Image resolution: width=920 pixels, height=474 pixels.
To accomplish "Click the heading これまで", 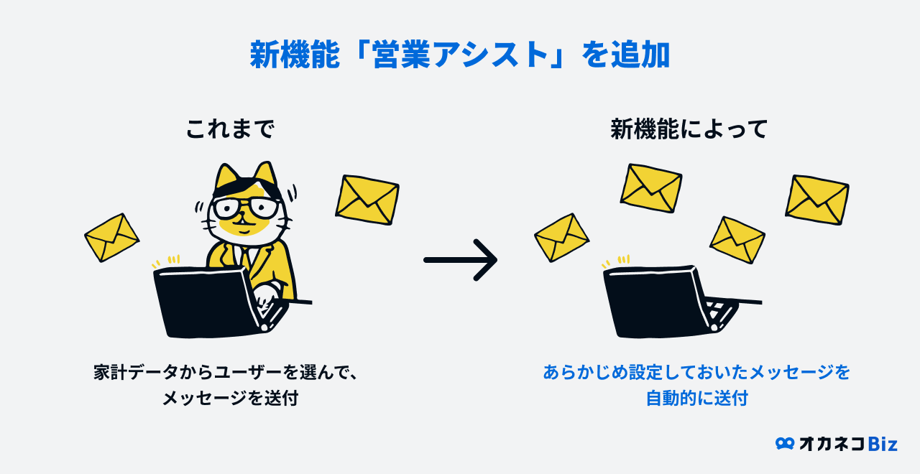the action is [x=230, y=129].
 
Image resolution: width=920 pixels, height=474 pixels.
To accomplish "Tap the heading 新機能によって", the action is [x=689, y=129].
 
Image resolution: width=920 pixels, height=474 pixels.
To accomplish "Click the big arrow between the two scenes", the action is [x=461, y=259].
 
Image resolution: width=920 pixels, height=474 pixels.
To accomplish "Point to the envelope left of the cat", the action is [x=111, y=237].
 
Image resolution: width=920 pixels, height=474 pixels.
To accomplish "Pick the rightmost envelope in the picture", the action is [x=817, y=199].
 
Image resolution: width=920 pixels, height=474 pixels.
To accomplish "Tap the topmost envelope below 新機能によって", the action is [x=651, y=188].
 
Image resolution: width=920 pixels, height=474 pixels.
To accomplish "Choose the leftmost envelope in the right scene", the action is [x=561, y=237].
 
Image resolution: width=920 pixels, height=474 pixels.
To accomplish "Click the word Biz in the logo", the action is [x=883, y=444].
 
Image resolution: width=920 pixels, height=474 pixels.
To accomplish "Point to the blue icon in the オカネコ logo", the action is [x=784, y=444].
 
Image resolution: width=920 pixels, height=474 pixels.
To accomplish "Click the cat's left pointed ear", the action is [x=227, y=175].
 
